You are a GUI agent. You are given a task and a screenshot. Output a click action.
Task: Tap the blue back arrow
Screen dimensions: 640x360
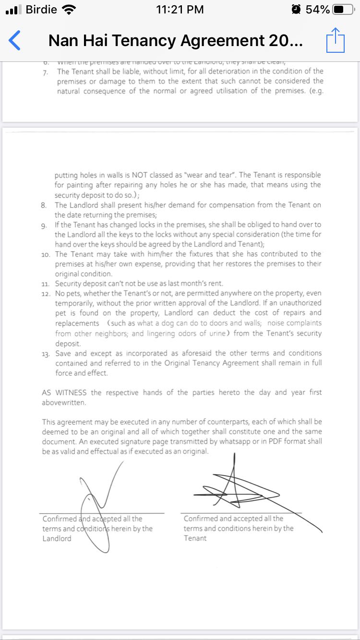15,40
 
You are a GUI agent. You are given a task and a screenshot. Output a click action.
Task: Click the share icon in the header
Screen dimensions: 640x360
336,40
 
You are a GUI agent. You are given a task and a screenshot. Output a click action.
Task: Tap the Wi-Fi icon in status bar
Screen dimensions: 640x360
69,10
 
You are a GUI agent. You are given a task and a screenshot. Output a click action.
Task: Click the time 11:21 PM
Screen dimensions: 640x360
180,10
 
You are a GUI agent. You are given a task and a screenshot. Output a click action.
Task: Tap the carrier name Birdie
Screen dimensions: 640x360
41,10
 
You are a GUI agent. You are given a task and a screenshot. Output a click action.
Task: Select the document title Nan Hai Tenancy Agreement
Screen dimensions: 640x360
176,41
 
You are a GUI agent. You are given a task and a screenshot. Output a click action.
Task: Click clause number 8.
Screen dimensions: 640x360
44,205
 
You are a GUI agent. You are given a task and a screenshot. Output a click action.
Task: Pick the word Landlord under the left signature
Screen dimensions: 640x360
57,538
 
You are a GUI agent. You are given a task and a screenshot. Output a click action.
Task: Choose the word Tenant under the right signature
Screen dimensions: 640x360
195,538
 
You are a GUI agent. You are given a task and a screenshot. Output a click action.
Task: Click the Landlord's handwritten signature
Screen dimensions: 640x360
98,499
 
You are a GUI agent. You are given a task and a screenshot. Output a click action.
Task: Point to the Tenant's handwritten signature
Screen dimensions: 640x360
240,489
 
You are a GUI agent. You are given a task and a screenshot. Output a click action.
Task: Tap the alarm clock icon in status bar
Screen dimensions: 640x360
297,10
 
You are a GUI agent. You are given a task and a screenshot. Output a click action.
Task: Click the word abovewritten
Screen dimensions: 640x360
64,403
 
